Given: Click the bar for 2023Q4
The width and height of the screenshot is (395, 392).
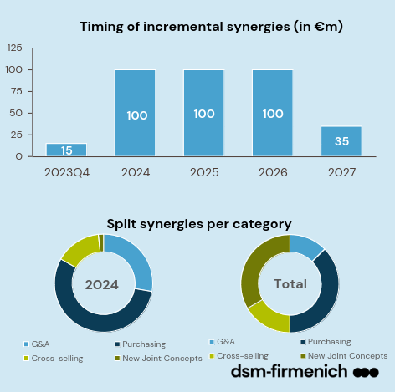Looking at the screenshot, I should (66, 150).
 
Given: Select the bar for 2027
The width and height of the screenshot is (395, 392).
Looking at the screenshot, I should (341, 141).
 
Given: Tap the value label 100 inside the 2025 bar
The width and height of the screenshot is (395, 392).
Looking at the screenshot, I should (204, 113).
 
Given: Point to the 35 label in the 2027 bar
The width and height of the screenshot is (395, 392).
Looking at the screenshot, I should (341, 141).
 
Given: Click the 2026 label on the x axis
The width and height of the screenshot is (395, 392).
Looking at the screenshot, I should (273, 171).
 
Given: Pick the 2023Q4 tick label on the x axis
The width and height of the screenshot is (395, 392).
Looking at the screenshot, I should (66, 171).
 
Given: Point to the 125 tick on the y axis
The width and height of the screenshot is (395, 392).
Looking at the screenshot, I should (14, 48).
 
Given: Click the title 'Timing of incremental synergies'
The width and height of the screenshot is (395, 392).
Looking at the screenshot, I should (211, 27).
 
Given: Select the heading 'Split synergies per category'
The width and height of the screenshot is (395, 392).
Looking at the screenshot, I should (199, 223).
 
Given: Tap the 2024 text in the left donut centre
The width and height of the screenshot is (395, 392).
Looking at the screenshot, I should (101, 284).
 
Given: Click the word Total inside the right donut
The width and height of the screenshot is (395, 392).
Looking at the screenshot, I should (290, 284).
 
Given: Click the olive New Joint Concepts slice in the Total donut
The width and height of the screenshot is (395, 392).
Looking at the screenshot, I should (254, 267).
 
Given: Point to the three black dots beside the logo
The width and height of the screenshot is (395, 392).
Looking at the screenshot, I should (366, 372).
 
